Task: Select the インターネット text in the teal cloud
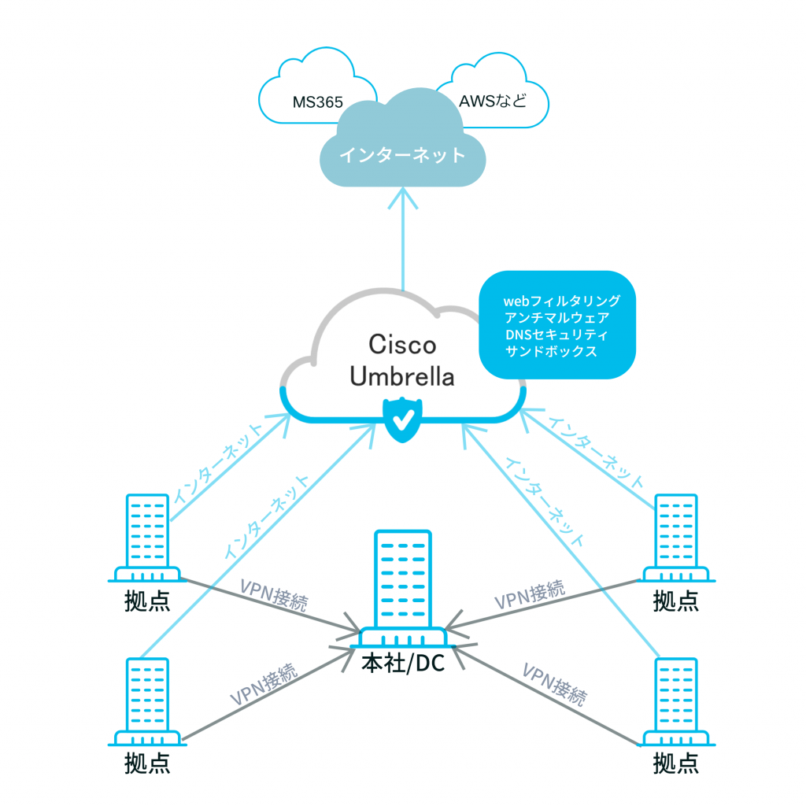coord(402,155)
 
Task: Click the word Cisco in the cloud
coord(402,346)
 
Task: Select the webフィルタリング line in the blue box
coord(561,301)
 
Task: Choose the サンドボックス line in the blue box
coord(551,352)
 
